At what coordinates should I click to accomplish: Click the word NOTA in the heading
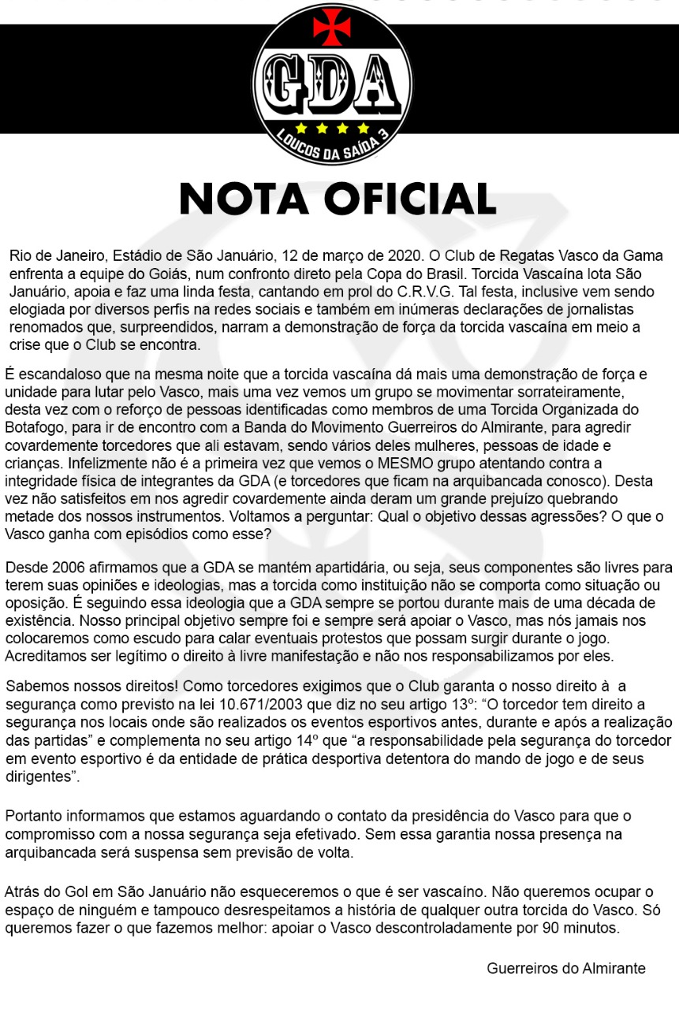point(244,199)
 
